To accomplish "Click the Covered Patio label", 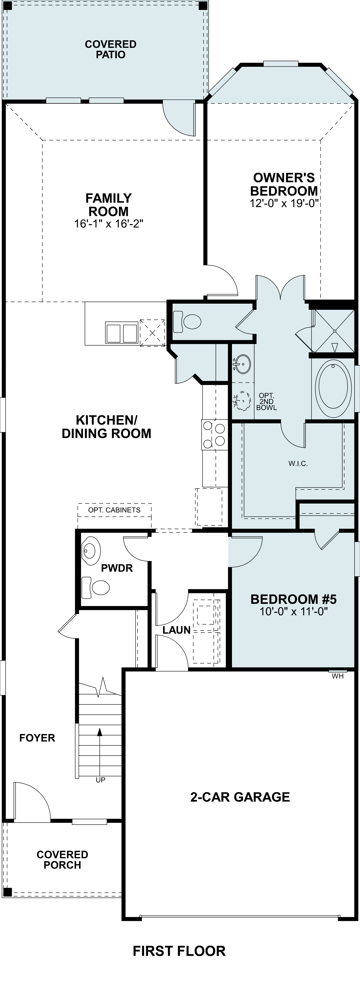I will pos(110,50).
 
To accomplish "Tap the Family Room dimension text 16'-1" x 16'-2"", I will pos(109,224).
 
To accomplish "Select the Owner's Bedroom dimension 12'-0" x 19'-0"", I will pos(284,203).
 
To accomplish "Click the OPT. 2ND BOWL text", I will pos(266,401).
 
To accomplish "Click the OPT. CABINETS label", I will pos(114,510).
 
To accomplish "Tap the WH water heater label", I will pos(337,676).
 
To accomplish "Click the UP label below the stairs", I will pos(101,780).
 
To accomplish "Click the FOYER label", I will pos(37,738).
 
